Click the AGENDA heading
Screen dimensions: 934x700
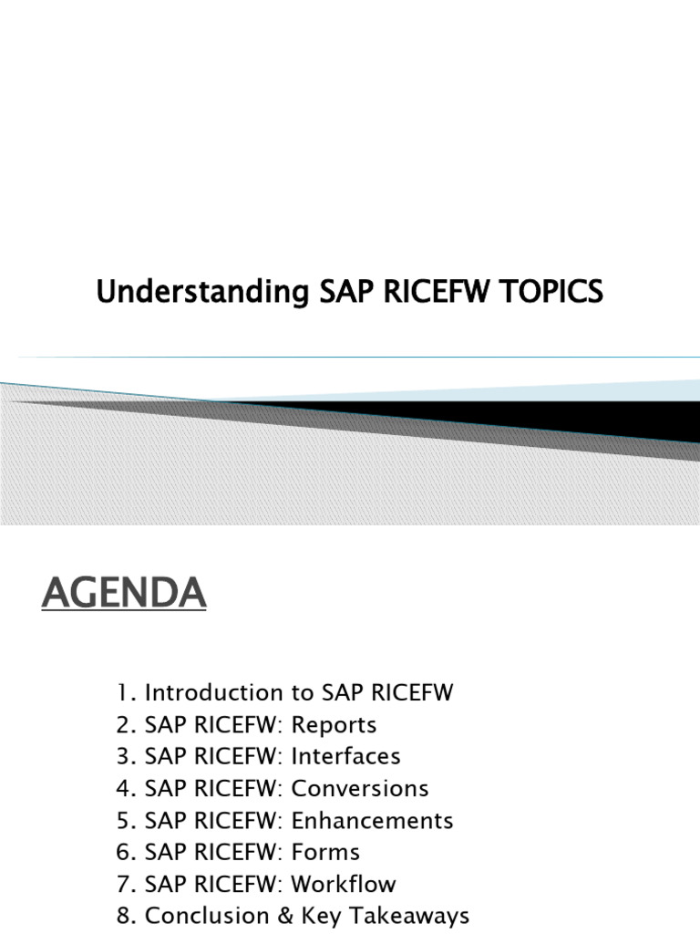124,596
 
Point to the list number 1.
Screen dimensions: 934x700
123,693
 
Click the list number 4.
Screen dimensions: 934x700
124,789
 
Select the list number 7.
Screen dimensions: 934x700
124,885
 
